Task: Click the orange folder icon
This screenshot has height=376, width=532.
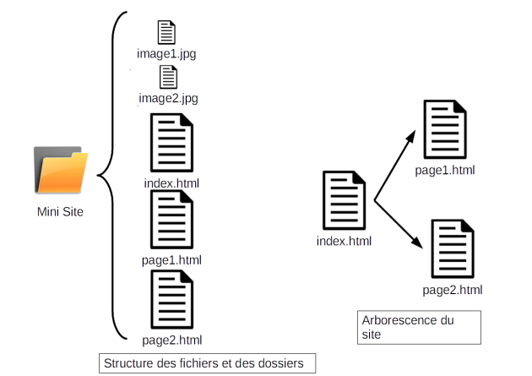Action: click(61, 171)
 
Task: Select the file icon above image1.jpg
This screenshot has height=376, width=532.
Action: click(167, 33)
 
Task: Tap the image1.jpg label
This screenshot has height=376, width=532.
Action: click(167, 54)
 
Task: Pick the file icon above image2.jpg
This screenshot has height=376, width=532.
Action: click(167, 77)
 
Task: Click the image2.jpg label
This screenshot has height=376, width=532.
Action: click(167, 98)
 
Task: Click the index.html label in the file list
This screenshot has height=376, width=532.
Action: click(171, 182)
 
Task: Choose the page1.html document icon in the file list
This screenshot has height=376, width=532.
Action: click(171, 221)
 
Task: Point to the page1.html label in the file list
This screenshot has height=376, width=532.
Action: click(171, 259)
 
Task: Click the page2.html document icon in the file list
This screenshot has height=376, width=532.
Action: click(171, 301)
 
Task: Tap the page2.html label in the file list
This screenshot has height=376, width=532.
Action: click(171, 341)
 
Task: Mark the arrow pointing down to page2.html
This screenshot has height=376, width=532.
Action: click(399, 226)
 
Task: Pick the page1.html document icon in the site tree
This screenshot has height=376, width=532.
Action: click(445, 131)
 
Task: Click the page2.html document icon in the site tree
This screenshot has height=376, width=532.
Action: click(453, 250)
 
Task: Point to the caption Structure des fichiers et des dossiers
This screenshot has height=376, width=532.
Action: click(203, 363)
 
